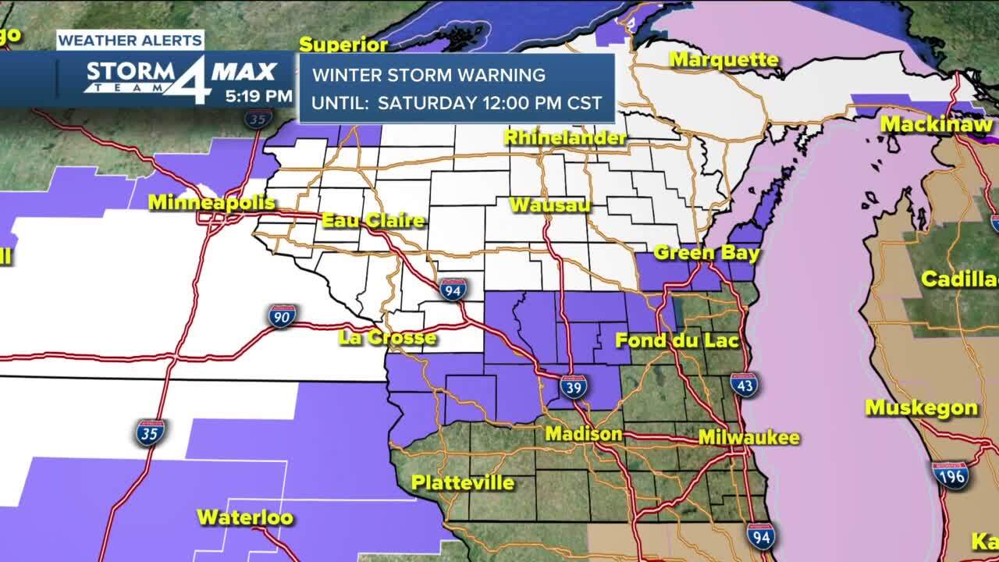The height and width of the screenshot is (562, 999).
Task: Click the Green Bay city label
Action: click(x=706, y=253)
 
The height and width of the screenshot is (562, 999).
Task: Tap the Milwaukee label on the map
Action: click(x=748, y=437)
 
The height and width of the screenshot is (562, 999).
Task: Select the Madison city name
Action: click(x=584, y=434)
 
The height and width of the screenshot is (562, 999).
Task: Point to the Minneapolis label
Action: click(x=212, y=203)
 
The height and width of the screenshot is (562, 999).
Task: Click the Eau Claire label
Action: click(x=373, y=221)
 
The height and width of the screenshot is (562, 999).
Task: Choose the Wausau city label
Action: click(x=549, y=205)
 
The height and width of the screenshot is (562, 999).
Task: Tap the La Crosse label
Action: click(x=387, y=338)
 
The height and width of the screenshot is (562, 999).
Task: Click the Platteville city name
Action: click(x=463, y=482)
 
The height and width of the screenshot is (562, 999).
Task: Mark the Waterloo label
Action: click(x=244, y=517)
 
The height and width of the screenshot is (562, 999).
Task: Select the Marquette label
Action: click(x=723, y=60)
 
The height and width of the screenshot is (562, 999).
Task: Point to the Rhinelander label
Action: click(x=565, y=138)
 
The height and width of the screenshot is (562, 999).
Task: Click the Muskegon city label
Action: click(x=921, y=408)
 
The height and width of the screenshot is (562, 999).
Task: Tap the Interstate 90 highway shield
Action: click(x=282, y=316)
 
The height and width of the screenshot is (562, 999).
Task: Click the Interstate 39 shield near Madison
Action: click(x=574, y=386)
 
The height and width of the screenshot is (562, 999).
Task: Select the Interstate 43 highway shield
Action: click(x=744, y=384)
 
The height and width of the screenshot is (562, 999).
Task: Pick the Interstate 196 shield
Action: click(x=951, y=475)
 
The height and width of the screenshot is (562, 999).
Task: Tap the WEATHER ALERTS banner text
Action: click(x=130, y=40)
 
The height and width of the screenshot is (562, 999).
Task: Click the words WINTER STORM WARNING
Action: click(x=428, y=76)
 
